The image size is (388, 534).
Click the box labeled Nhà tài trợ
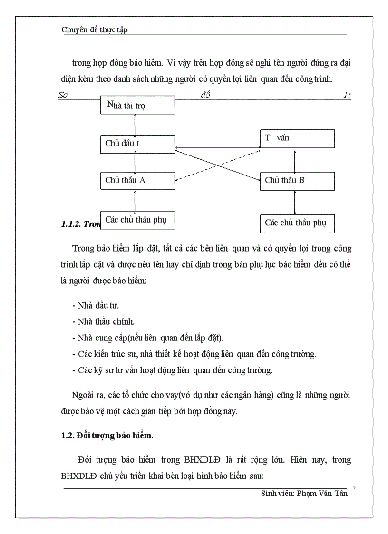(137, 105)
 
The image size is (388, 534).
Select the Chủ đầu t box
(137, 144)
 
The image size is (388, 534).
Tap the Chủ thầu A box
(137, 181)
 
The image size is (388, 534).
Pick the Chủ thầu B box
(297, 181)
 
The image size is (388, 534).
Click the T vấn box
(297, 138)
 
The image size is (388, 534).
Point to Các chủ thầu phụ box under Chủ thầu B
(297, 223)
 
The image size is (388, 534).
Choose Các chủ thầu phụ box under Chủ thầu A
(137, 220)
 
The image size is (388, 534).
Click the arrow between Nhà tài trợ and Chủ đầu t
(136, 124)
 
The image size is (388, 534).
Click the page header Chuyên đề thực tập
(94, 30)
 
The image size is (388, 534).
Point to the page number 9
(355, 487)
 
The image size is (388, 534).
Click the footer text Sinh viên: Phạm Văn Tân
(304, 493)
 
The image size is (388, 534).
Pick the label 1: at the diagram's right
(347, 95)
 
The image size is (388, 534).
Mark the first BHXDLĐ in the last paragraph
(200, 460)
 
